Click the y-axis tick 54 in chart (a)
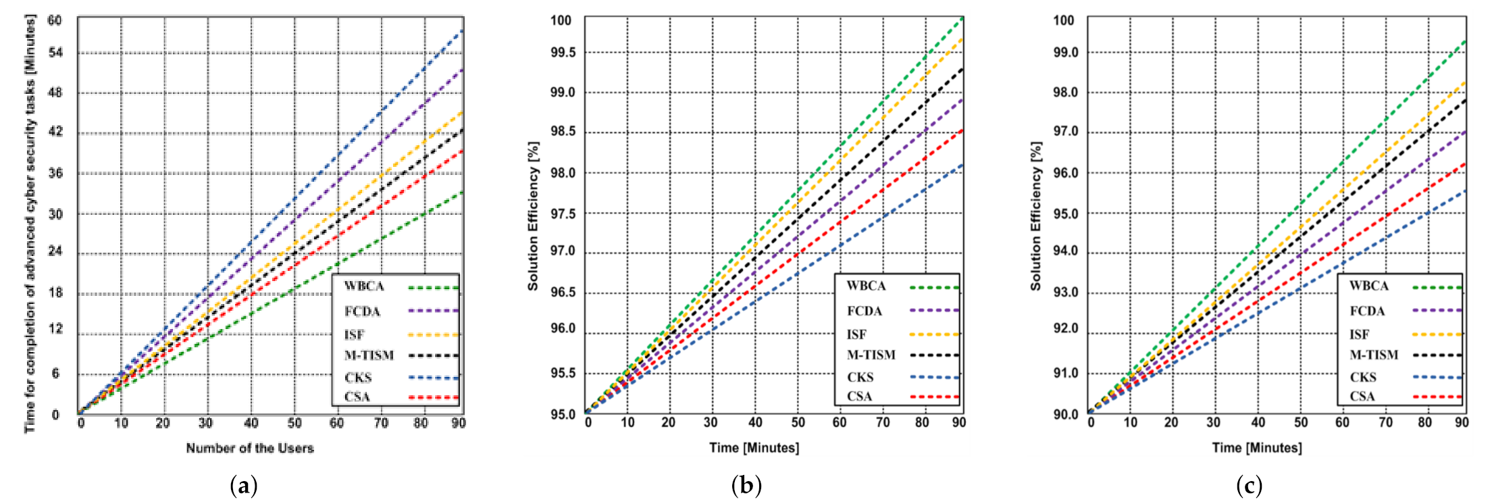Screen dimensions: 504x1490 (55, 53)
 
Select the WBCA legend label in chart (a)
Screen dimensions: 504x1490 (364, 286)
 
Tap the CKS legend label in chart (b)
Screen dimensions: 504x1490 (860, 378)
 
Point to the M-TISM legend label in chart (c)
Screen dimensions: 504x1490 (1374, 355)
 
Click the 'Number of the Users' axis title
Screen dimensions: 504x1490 (250, 448)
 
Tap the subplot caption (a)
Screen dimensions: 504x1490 (244, 485)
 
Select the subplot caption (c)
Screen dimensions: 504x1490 (1249, 485)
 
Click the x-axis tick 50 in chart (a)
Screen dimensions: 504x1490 (294, 423)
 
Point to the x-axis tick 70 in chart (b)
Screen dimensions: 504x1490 (883, 422)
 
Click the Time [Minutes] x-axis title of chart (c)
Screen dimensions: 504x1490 (1257, 447)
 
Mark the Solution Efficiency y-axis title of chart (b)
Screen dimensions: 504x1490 (534, 216)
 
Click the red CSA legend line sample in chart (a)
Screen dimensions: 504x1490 (433, 398)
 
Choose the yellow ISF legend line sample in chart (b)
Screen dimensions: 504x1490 (934, 334)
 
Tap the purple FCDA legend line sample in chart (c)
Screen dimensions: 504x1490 (1437, 311)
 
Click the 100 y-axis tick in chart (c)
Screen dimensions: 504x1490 (1064, 20)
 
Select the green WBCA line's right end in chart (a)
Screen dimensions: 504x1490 (462, 193)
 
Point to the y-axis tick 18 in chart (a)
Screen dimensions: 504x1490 (55, 293)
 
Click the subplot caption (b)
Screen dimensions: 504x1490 (746, 485)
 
